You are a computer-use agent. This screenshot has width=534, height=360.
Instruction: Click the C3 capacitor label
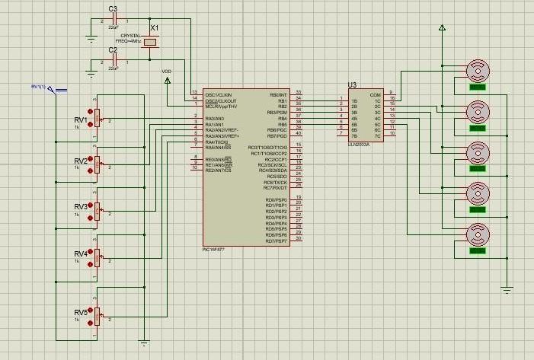point(113,9)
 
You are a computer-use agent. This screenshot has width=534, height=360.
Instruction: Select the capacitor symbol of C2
point(113,60)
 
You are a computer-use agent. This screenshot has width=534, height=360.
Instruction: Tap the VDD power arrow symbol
point(167,80)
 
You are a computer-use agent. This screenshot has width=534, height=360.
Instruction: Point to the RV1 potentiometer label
point(80,120)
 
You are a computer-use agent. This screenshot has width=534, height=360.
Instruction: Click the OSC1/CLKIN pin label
point(219,94)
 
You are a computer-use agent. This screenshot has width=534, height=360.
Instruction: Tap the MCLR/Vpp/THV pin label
point(221,107)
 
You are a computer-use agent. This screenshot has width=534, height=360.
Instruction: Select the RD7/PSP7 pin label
point(276,241)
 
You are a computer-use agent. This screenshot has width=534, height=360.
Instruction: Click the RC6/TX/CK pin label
point(275,182)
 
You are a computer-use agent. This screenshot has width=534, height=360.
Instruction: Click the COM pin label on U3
point(375,95)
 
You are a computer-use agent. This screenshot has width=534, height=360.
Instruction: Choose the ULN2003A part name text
point(358,142)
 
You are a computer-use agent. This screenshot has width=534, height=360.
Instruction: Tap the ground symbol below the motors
point(507,288)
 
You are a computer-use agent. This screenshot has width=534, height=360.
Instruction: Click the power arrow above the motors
point(441,27)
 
